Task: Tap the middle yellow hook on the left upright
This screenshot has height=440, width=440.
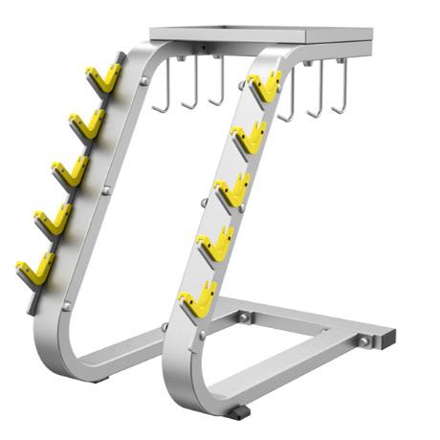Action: (70, 171)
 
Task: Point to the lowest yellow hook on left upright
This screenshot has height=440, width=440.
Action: (35, 269)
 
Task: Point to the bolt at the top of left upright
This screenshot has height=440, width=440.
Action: (143, 82)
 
